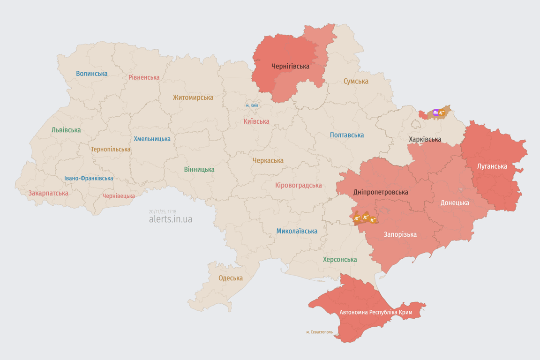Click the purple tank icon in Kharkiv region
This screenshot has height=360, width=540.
pos(436,112)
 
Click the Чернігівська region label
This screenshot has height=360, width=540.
pos(290,66)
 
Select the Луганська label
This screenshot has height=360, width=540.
pos(492,166)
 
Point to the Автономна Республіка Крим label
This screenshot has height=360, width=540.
pos(375,312)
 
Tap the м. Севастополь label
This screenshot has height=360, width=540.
pos(319,332)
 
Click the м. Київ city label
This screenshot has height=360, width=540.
pos(252,105)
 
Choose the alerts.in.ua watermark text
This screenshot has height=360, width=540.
pos(170,219)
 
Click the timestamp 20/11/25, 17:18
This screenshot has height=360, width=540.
pos(163,211)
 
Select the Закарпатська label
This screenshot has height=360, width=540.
pos(48,193)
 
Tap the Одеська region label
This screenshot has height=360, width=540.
pos(231,278)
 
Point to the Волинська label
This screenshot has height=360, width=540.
pos(91,74)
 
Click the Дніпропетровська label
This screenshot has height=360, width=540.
pos(381,192)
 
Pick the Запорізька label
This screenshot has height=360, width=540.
pos(400,234)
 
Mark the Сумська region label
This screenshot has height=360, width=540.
pos(356,81)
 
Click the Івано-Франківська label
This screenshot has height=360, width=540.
pos(89,178)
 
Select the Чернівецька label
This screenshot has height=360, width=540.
pos(119,196)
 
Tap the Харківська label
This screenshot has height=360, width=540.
pos(425,139)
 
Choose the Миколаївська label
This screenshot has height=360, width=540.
pos(297,231)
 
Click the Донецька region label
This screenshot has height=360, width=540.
pos(455,203)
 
